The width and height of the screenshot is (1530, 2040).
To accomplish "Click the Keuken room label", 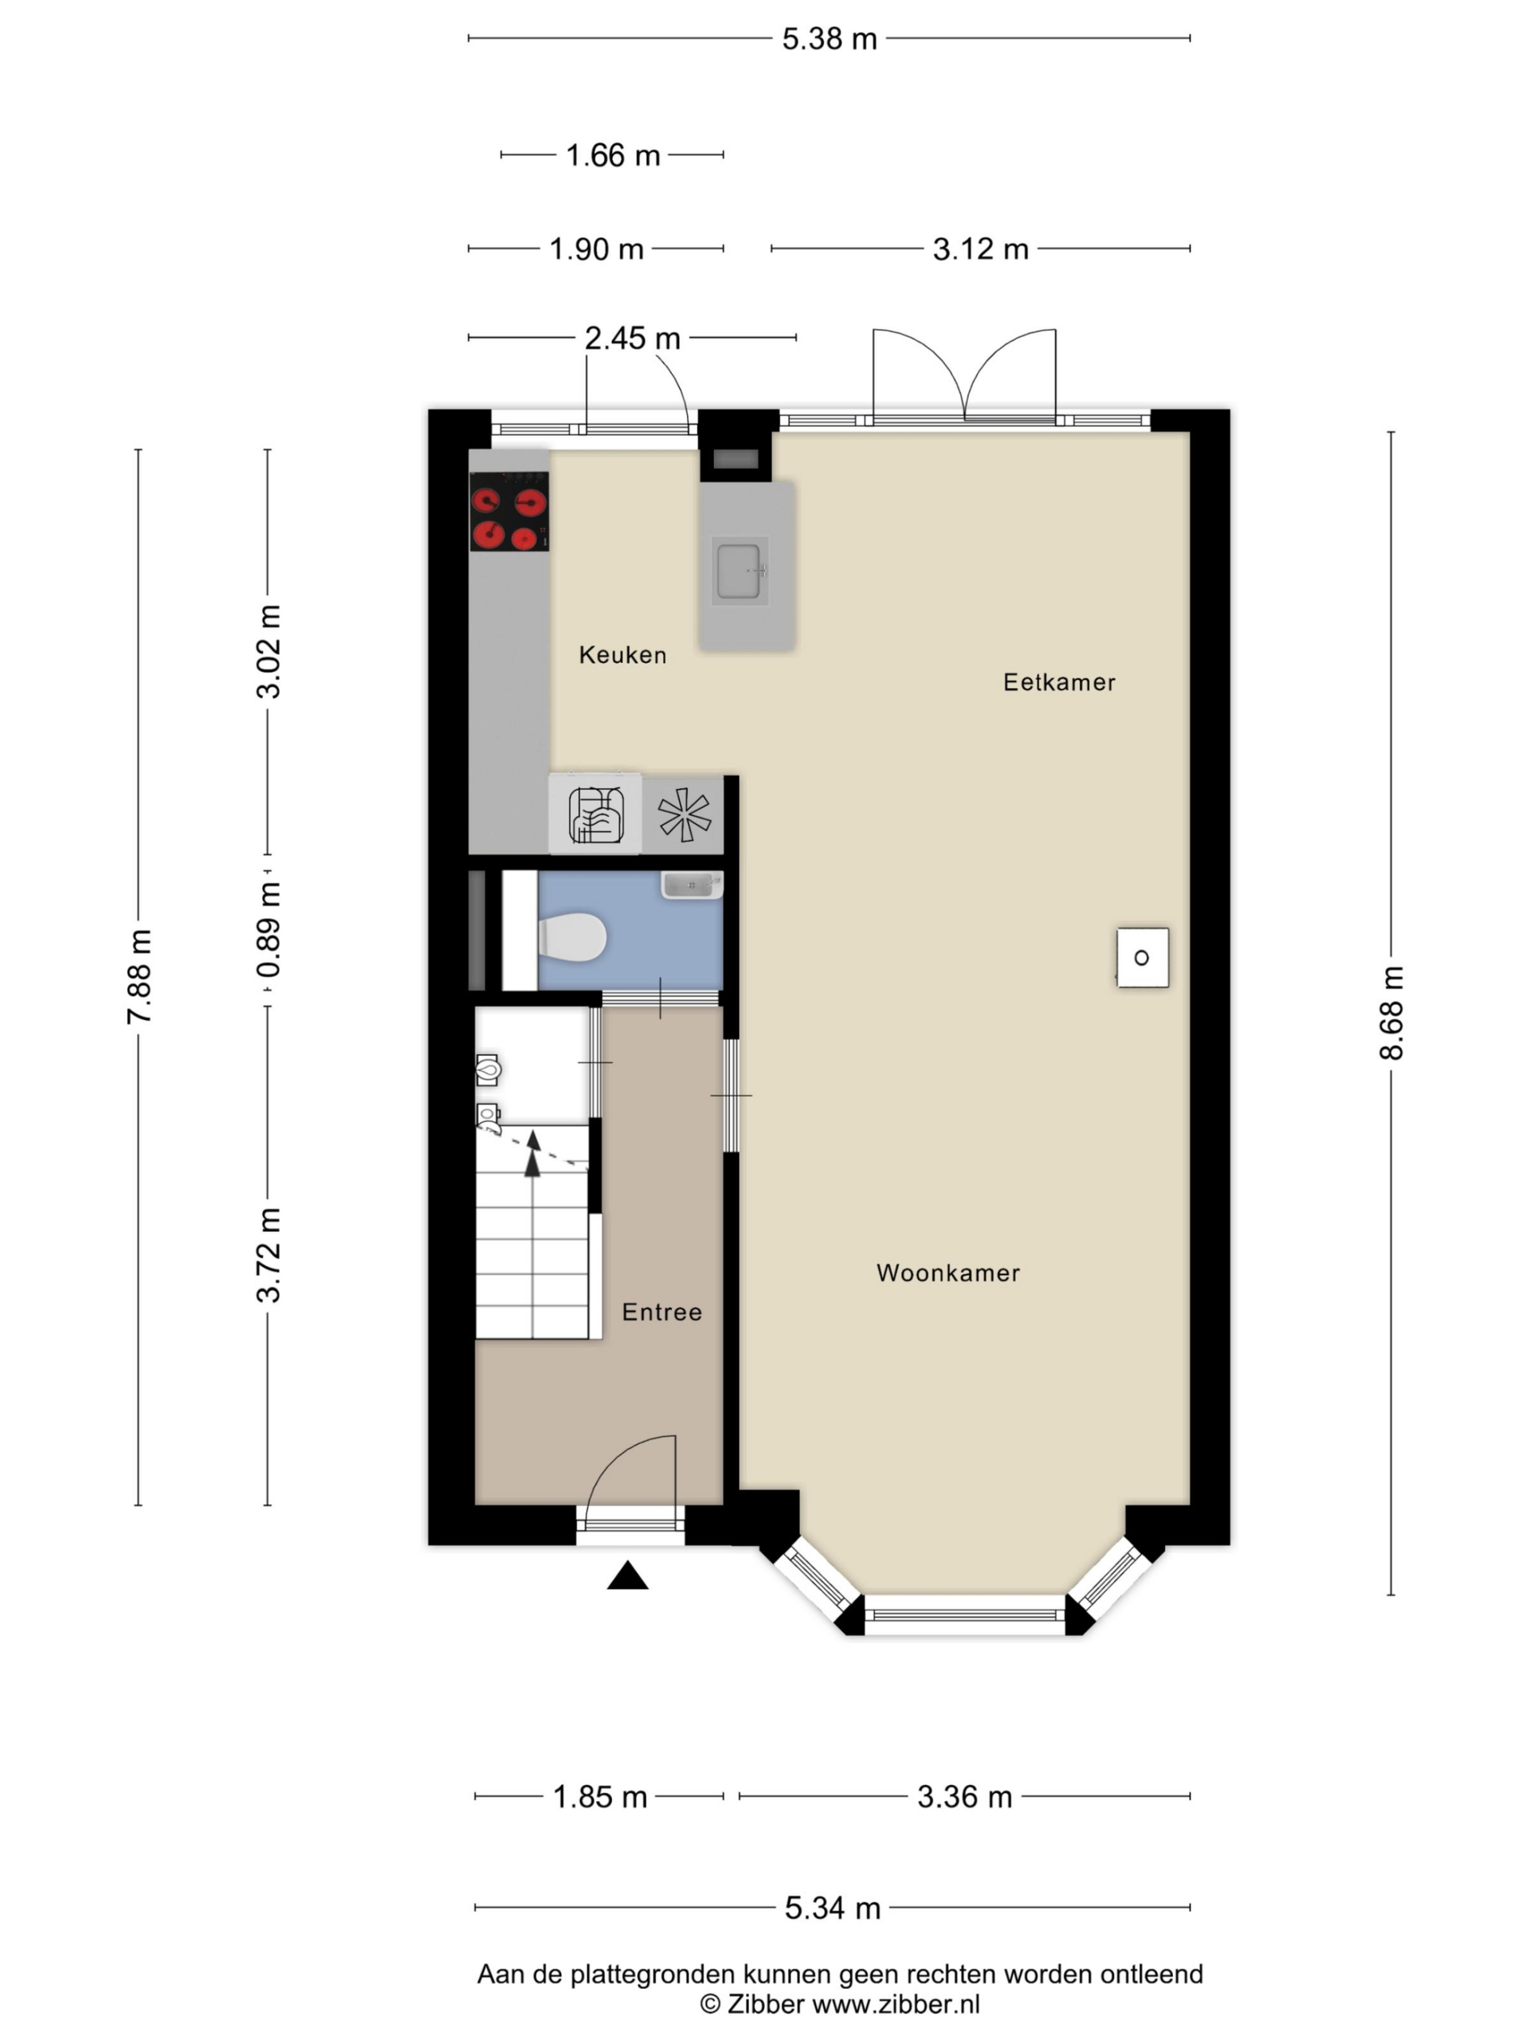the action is pyautogui.click(x=622, y=655).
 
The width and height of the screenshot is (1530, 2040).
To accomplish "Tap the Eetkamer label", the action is pyautogui.click(x=1059, y=682).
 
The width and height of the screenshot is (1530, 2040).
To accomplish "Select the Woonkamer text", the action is pyautogui.click(x=948, y=1273).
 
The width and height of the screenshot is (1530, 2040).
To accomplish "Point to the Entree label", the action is pyautogui.click(x=661, y=1312).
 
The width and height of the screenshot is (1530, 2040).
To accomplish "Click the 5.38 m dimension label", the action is pyautogui.click(x=829, y=39).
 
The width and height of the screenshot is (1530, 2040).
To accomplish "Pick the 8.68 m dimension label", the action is pyautogui.click(x=1391, y=1013).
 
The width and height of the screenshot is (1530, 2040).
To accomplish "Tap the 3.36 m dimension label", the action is pyautogui.click(x=963, y=1796).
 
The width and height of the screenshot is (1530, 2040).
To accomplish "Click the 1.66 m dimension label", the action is pyautogui.click(x=612, y=155).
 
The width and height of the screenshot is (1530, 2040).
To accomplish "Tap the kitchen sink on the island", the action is pyautogui.click(x=739, y=571).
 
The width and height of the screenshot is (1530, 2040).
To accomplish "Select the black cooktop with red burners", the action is pyautogui.click(x=509, y=512).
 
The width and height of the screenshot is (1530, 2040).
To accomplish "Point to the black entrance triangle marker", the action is pyautogui.click(x=627, y=1575).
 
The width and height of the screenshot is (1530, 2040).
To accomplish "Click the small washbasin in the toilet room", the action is pyautogui.click(x=692, y=885).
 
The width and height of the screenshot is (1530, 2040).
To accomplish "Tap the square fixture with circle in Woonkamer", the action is pyautogui.click(x=1143, y=957).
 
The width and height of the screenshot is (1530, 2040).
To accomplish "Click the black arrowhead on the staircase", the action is pyautogui.click(x=532, y=1164).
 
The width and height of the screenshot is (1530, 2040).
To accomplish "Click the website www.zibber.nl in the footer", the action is pyautogui.click(x=896, y=2004).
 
